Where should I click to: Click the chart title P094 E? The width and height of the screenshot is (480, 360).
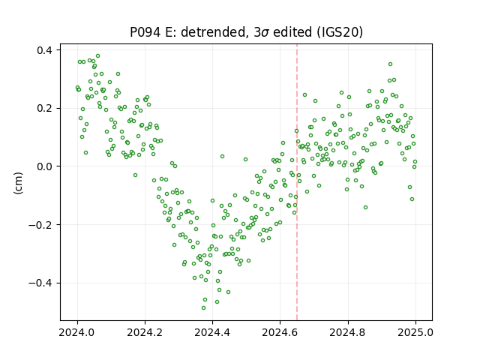click(247, 32)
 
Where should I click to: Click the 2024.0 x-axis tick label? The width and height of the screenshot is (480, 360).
click(77, 332)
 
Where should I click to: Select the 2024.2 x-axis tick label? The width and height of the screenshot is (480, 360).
click(145, 332)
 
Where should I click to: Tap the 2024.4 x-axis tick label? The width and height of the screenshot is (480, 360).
click(212, 332)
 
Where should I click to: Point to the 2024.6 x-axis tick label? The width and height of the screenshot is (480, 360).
click(280, 332)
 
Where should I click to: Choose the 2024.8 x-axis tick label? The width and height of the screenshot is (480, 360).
click(348, 332)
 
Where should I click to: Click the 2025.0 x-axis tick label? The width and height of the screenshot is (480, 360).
click(415, 332)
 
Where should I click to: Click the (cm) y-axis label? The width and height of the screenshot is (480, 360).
click(18, 183)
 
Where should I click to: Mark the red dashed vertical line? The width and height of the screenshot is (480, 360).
click(297, 182)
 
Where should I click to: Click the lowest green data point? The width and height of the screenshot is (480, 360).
click(203, 307)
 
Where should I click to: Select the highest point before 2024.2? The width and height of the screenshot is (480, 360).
click(98, 56)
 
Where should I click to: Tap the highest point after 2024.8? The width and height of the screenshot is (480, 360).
click(390, 64)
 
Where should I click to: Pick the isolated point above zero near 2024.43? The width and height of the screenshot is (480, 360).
click(222, 157)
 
